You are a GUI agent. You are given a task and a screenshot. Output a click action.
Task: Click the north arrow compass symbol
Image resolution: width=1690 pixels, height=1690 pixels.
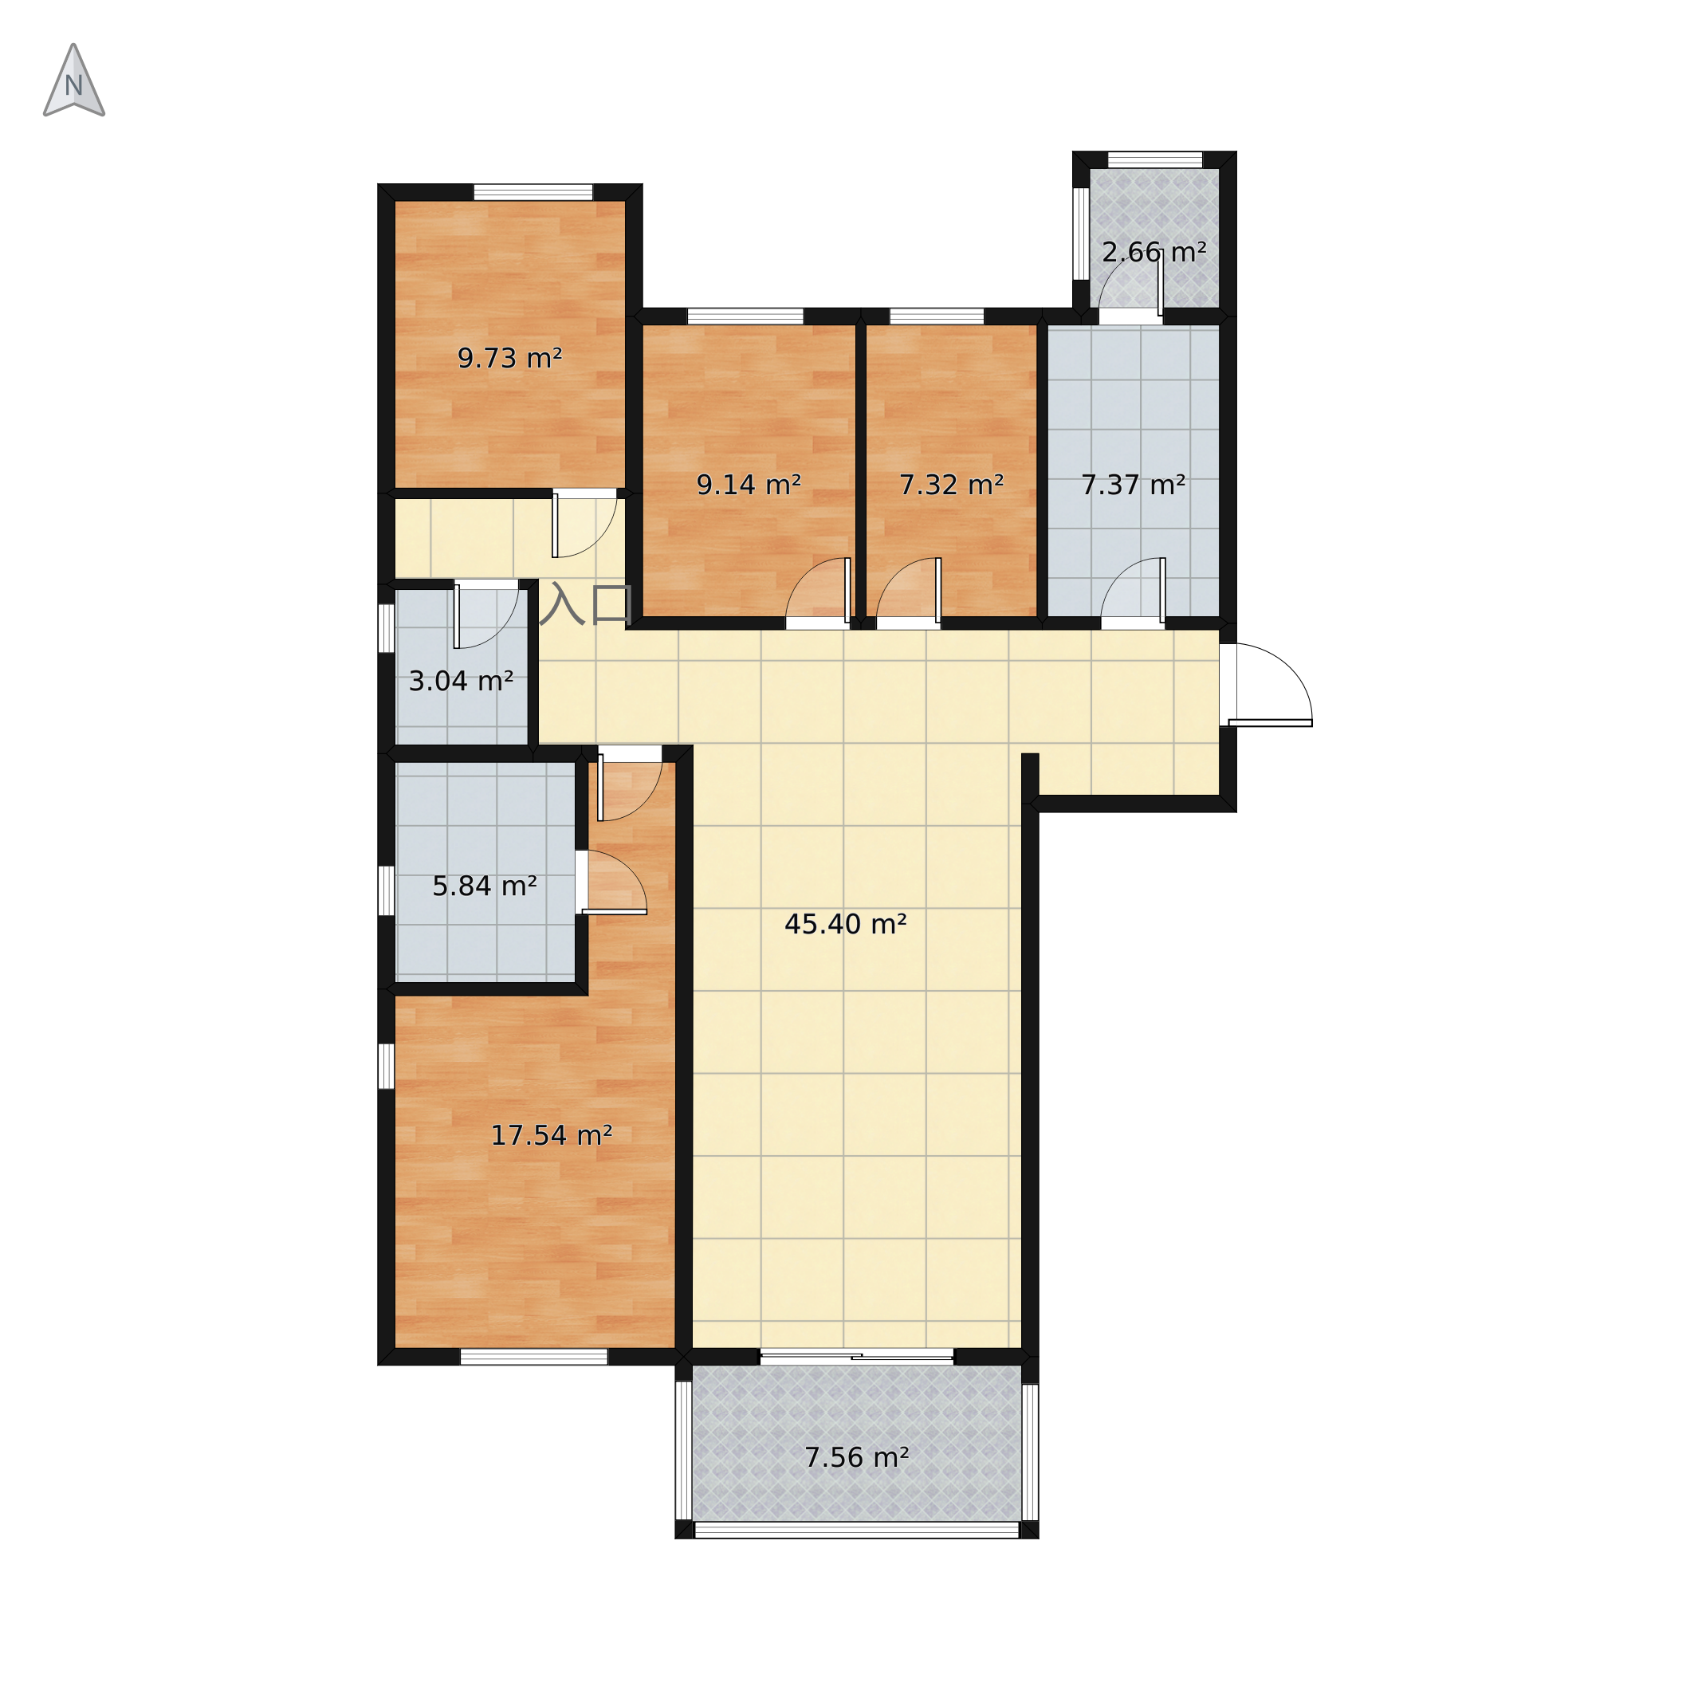coord(74,81)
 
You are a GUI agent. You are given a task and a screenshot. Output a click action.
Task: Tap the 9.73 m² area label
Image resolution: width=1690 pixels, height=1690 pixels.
coord(510,359)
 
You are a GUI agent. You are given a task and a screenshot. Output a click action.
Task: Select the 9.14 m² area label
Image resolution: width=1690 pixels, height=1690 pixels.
coord(749,485)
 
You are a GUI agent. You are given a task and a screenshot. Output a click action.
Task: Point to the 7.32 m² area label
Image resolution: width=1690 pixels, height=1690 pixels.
coord(952,485)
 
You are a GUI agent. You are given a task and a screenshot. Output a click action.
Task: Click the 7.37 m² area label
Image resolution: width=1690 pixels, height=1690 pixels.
coord(1134,485)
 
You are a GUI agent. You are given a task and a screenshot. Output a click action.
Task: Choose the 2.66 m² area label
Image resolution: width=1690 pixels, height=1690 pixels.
coord(1154,253)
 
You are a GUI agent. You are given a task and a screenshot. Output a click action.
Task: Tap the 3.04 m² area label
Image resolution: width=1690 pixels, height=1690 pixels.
coord(461,681)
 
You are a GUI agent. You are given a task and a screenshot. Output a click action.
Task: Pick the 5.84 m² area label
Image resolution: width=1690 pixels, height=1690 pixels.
coord(485,886)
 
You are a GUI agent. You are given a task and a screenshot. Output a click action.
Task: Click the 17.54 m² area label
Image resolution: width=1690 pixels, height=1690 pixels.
coord(551,1135)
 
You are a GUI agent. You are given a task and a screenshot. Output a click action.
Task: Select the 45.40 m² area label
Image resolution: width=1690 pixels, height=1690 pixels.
coord(846,924)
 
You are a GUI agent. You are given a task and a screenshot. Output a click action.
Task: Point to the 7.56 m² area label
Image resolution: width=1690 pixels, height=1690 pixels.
coord(857,1457)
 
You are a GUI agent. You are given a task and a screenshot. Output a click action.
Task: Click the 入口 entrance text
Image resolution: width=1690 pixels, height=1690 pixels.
coord(586,603)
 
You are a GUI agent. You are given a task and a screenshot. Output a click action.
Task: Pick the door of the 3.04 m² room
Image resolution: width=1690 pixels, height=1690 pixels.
coord(486,616)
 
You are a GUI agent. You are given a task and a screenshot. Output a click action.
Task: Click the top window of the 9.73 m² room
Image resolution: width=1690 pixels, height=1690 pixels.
coord(533,192)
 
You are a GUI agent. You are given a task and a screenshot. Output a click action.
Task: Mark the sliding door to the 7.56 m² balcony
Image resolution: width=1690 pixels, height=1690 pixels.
coord(856,1357)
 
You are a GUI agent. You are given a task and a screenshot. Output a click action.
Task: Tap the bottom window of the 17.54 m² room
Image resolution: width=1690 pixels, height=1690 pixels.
coord(534,1357)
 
